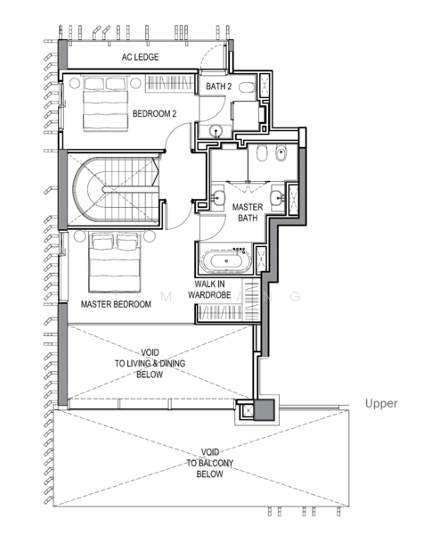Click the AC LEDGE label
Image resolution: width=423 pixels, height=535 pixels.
pos(140,57)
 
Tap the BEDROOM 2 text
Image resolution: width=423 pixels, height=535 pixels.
pos(154,113)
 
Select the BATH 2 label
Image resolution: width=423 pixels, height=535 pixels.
pos(218,86)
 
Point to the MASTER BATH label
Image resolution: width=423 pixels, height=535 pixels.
pos(248,212)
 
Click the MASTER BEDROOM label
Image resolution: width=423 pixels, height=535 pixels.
pos(116,304)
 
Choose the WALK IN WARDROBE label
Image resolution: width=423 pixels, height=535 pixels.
pos(209,289)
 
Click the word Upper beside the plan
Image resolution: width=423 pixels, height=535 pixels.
pos(381,404)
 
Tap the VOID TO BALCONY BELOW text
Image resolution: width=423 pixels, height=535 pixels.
pos(209,463)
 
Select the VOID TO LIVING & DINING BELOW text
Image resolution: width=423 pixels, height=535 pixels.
pos(150,364)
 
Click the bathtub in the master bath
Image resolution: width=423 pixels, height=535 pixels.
pos(226,261)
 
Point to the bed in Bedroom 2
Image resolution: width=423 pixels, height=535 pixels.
pos(105,103)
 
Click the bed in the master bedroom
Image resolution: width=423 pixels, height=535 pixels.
pos(115,262)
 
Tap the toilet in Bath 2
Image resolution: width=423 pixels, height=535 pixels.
pos(247,87)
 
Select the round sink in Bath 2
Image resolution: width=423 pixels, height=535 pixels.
pos(216,130)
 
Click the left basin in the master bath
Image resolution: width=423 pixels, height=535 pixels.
pos(218,197)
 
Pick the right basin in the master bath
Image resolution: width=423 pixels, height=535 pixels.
pos(278,197)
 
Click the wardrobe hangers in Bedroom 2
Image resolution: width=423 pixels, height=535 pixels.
pos(170,83)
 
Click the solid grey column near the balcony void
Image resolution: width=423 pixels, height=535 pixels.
pos(264,409)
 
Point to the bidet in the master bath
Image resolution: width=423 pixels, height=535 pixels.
pos(281,154)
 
